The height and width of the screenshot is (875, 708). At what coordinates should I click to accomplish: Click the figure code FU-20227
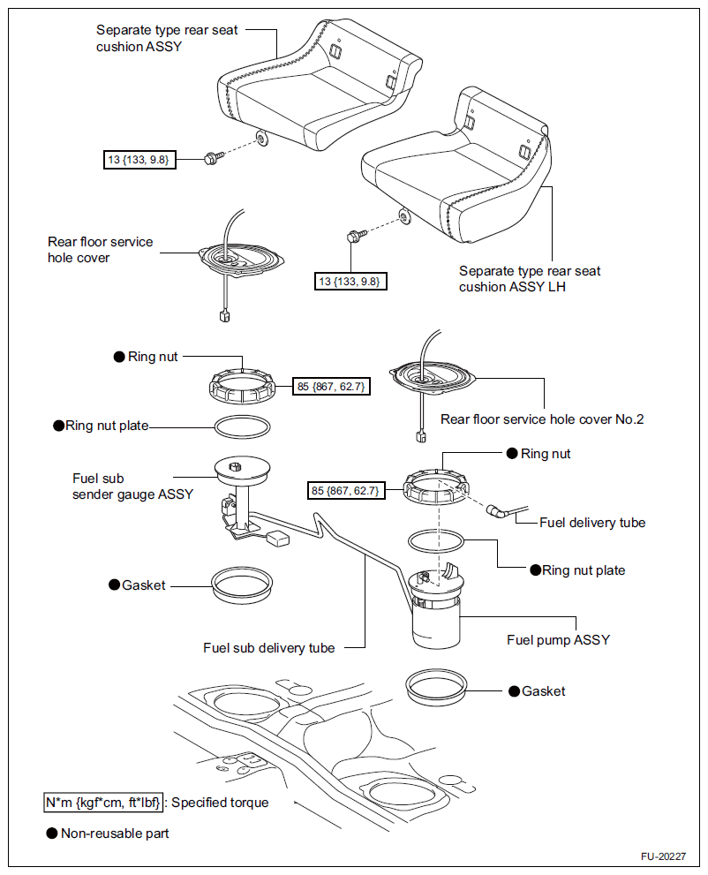point(663,857)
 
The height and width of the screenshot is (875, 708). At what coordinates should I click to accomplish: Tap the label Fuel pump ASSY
point(558,639)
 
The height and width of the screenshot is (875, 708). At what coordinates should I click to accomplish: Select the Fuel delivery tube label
point(592,523)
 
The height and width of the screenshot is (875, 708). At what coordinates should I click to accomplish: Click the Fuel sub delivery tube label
point(269,647)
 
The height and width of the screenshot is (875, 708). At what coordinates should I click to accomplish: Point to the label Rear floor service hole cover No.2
point(542,419)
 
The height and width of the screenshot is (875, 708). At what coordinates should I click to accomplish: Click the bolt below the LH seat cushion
point(354,237)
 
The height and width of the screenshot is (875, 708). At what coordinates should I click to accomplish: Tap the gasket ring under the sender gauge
point(242,585)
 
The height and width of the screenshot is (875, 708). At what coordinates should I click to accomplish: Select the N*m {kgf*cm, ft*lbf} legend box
point(104,803)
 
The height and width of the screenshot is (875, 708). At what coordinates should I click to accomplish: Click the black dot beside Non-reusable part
point(51,833)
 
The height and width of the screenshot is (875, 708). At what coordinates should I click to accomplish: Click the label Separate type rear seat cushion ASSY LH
point(530,279)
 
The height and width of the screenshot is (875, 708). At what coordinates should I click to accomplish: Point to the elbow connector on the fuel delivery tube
point(492,509)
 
